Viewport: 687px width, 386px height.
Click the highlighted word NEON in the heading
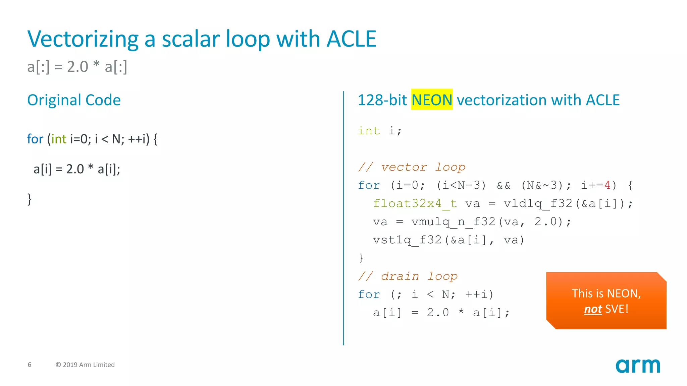432,100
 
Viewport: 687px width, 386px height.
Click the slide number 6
30,365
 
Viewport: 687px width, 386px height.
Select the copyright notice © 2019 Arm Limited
85,365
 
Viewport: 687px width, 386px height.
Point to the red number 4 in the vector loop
607,185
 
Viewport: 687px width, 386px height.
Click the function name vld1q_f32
537,203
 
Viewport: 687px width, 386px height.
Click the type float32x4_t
415,203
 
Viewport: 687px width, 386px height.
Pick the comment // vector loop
412,167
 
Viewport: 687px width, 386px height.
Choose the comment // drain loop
408,276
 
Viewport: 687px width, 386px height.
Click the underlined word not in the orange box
593,309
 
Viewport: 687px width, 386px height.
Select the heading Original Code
74,100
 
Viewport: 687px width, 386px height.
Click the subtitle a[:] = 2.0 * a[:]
77,66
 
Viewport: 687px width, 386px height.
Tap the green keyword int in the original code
59,139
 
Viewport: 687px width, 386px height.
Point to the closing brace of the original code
30,199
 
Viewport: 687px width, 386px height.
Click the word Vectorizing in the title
83,39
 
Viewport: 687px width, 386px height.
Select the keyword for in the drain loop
369,294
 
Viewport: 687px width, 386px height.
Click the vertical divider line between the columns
343,218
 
